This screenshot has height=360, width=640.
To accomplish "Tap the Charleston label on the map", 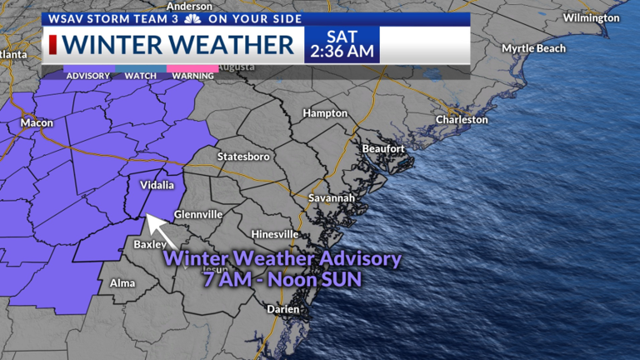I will click(462, 119).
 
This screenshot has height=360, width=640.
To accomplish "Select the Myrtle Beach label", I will click(533, 48).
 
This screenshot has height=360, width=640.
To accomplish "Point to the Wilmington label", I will click(591, 17).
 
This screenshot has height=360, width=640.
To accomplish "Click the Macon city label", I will click(37, 122).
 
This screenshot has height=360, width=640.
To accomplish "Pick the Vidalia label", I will click(157, 185).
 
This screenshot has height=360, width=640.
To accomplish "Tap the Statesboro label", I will click(243, 156).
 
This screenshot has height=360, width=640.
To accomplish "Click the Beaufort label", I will click(383, 148).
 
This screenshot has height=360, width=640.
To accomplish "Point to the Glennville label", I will click(198, 214).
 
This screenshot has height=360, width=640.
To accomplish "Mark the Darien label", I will click(283, 308).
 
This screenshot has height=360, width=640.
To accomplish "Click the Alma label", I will click(122, 283).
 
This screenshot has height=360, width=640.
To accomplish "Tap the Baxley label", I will click(151, 244).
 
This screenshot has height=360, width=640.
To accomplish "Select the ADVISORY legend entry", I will click(87, 76).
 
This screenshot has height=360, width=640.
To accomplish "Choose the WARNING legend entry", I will click(192, 76).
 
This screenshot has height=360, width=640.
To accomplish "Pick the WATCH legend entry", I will click(140, 76).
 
